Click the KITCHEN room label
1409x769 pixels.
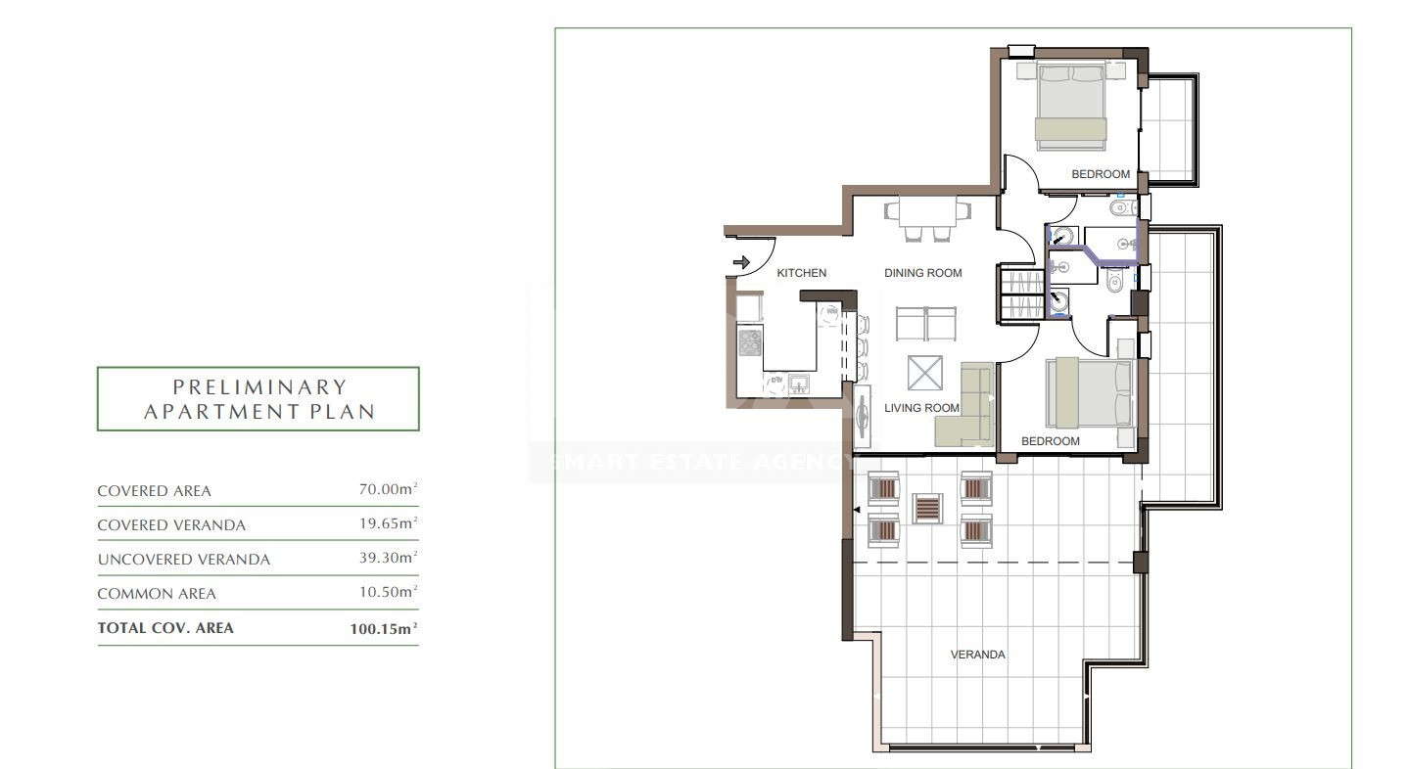801,273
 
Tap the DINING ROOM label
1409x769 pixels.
922,273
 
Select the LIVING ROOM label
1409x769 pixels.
921,408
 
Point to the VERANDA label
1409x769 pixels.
977,654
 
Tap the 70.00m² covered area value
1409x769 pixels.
388,489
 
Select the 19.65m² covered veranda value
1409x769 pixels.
388,522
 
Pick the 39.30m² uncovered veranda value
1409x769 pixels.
388,558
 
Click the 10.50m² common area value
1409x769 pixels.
388,591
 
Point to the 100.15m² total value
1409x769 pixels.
383,628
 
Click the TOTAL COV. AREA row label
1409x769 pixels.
165,628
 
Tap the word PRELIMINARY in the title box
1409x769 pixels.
259,386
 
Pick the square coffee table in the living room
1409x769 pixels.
924,373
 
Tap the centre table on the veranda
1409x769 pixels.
927,509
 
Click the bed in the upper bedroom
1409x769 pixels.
1071,106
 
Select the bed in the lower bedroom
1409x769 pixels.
1090,392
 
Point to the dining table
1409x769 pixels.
927,211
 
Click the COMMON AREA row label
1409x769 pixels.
157,594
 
